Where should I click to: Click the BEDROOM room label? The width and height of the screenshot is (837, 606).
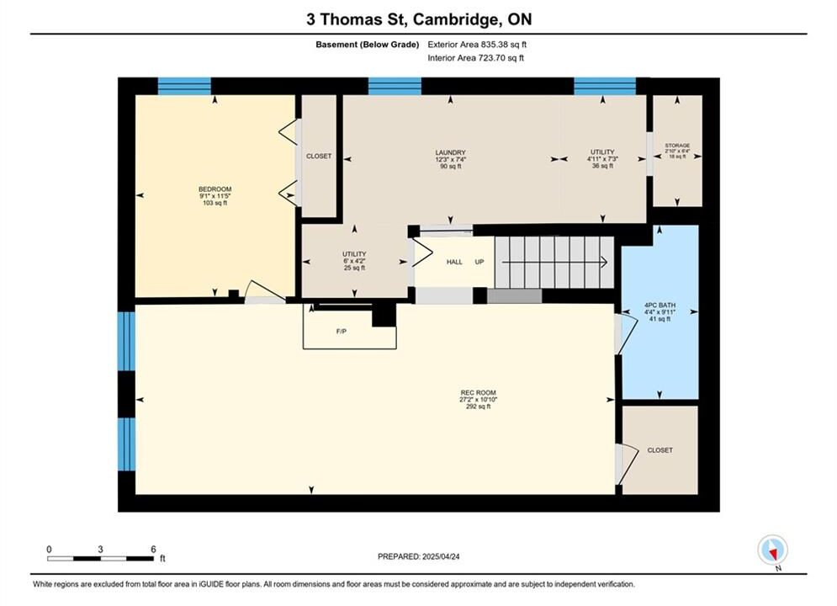coord(215,189)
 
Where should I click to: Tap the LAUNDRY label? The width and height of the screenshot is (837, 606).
coord(451,152)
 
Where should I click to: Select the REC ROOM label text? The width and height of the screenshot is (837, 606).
coord(479,392)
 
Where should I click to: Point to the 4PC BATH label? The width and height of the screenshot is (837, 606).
coord(660,306)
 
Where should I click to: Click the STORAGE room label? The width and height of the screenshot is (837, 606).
coord(677,146)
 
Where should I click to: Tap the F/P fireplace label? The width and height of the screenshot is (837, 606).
coord(342,332)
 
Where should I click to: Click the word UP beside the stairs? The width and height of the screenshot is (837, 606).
coord(479,262)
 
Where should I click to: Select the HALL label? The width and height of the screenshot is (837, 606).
coord(454,262)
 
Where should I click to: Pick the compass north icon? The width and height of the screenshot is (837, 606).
coord(772,550)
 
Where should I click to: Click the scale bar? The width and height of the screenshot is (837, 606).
coord(100,559)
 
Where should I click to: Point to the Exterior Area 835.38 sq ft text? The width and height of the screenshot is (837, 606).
coord(477,45)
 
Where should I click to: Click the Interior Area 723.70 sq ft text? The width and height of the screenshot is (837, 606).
coord(475,58)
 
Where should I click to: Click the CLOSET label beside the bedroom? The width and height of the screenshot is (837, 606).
coord(319,156)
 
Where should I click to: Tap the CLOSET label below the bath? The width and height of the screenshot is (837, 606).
coord(660,450)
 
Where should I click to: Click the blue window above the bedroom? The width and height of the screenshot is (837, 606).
coord(184,86)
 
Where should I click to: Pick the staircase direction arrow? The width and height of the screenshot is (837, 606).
coord(554,262)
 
